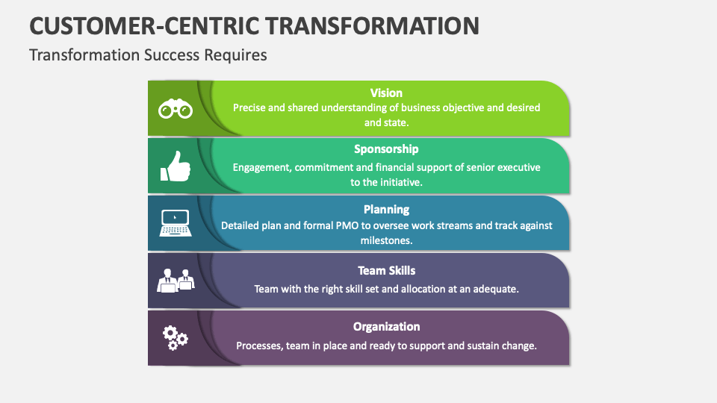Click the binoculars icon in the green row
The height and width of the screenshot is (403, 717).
(176, 110)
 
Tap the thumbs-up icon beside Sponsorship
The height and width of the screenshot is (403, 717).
(176, 166)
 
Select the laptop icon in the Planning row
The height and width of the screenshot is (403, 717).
(176, 223)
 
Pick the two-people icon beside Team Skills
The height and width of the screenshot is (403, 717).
(176, 280)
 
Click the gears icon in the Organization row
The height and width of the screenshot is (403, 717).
(176, 337)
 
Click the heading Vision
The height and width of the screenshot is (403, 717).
(386, 93)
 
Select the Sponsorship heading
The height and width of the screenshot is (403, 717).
(386, 149)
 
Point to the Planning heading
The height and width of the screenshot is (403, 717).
(386, 209)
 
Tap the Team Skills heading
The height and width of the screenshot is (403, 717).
(386, 270)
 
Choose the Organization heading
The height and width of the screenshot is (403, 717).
(386, 326)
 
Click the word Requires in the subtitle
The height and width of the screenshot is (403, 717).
(240, 55)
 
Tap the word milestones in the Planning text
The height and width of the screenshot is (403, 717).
(386, 241)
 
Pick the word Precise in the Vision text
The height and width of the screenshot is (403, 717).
(249, 107)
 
